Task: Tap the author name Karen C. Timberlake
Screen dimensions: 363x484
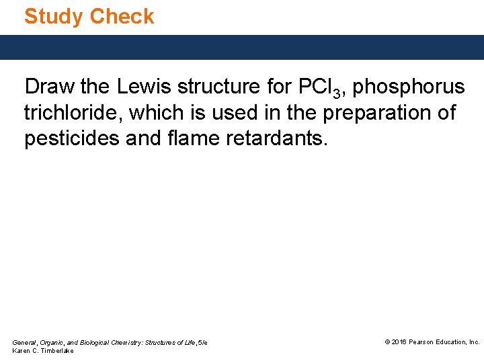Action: (x=43, y=352)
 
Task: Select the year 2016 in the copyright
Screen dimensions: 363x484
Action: (x=399, y=342)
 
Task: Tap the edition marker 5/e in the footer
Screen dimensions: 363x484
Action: (x=202, y=343)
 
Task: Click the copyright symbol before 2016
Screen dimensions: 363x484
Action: (x=387, y=342)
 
